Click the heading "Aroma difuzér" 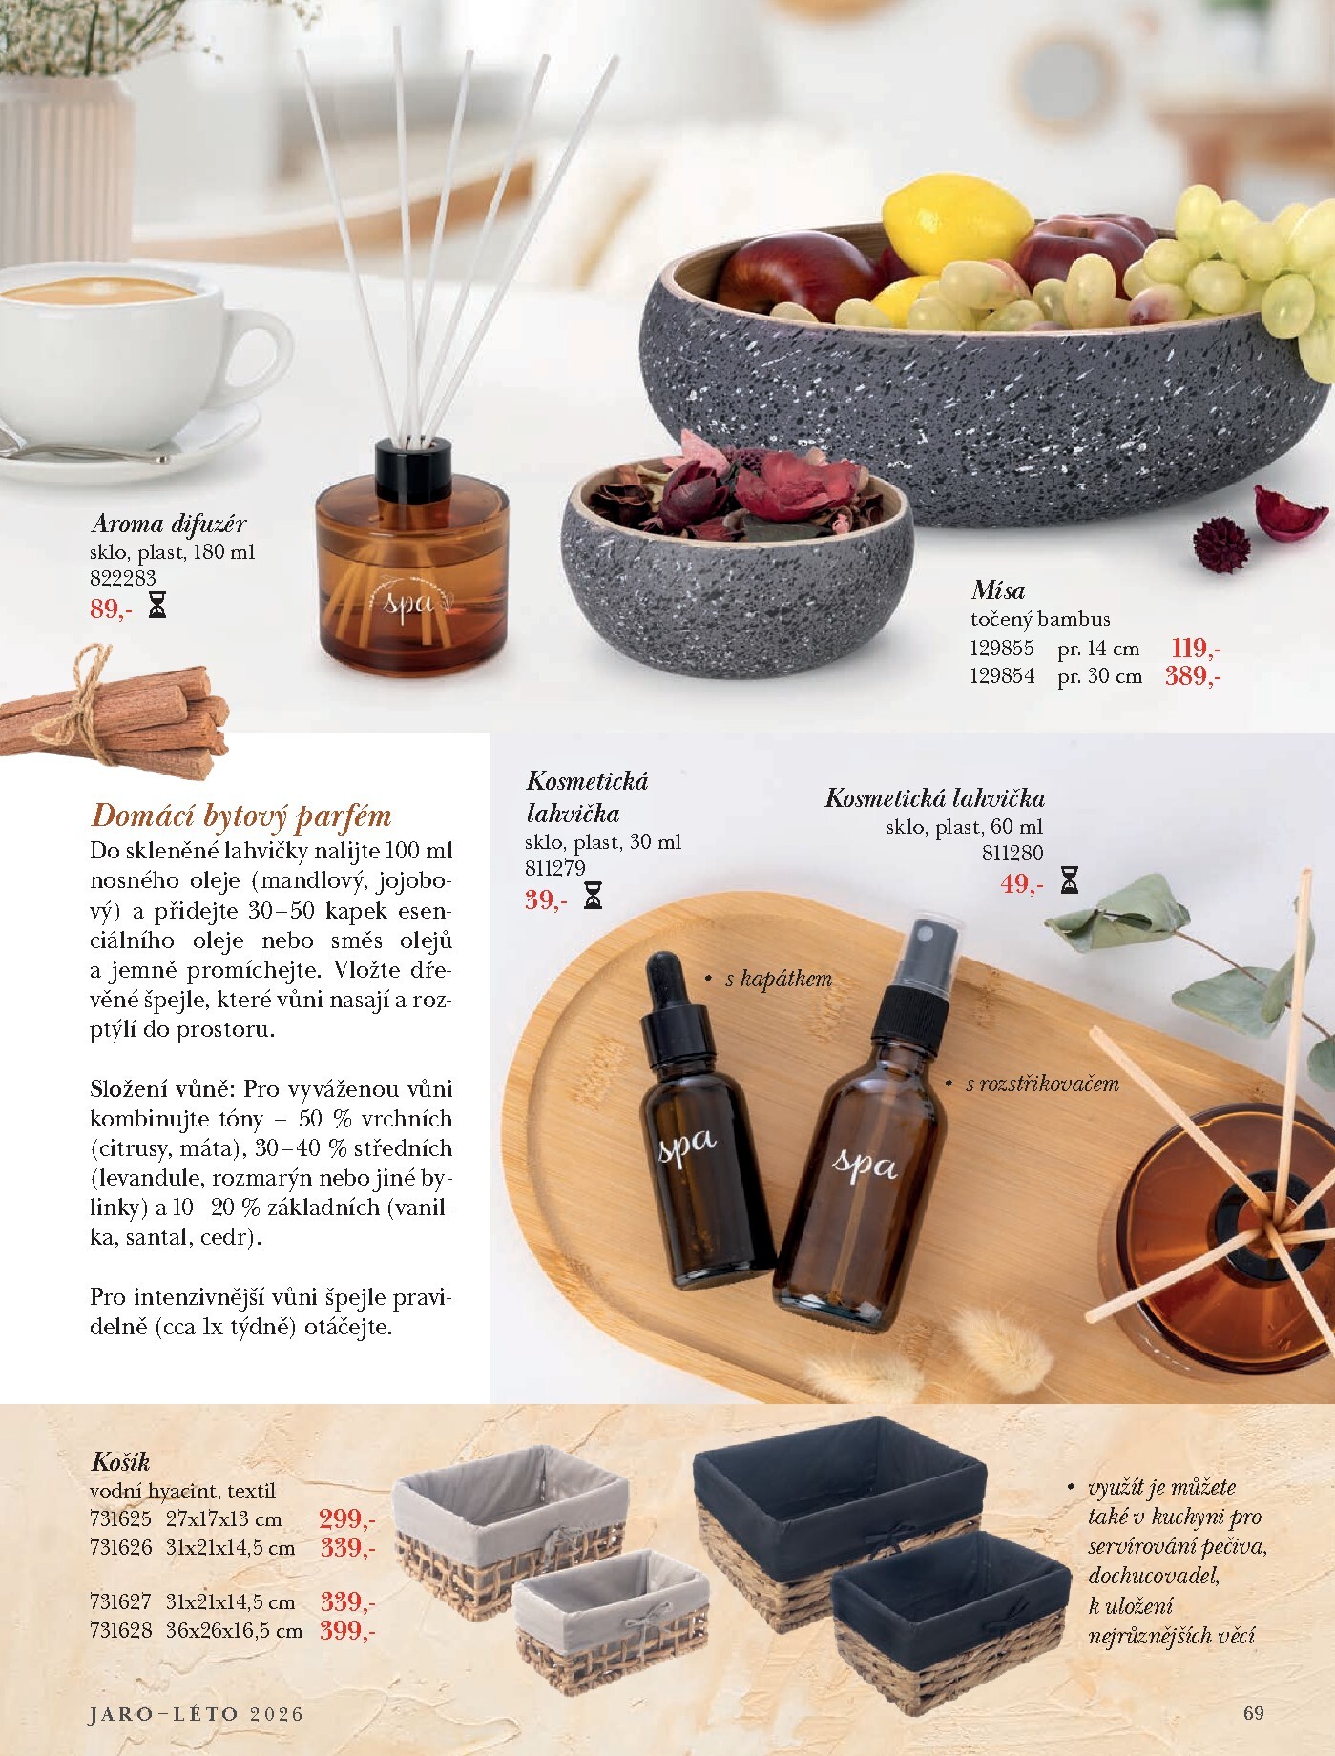(x=168, y=524)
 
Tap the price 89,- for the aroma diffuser (x=109, y=609)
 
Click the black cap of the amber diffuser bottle (x=411, y=462)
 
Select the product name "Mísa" (x=998, y=589)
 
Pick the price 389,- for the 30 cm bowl (x=1193, y=677)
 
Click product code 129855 (x=1002, y=649)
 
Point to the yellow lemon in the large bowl (x=956, y=222)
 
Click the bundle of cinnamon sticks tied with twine (x=113, y=711)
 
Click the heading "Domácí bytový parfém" (x=240, y=816)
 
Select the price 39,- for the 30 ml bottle (x=545, y=899)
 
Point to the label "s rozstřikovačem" (x=1041, y=1084)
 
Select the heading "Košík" (x=120, y=1462)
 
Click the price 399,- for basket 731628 (x=347, y=1631)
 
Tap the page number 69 (x=1254, y=1712)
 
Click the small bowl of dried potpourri (x=737, y=563)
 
